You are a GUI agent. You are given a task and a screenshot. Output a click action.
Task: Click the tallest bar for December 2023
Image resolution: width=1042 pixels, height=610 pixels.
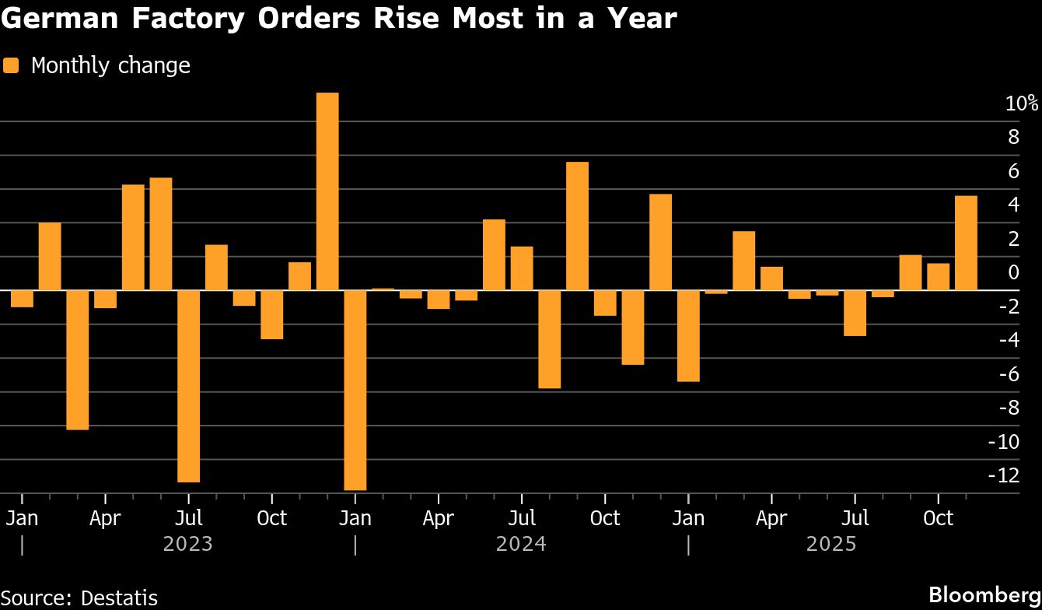(x=327, y=191)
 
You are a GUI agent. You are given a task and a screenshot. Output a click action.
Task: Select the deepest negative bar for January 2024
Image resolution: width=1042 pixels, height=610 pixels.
(x=355, y=389)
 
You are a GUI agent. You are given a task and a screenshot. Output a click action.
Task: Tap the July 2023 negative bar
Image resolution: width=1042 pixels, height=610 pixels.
(x=189, y=385)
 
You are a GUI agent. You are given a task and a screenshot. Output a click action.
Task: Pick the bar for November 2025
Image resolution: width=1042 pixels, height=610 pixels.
(x=966, y=243)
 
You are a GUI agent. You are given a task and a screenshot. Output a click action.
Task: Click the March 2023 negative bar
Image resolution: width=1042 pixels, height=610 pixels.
(x=78, y=359)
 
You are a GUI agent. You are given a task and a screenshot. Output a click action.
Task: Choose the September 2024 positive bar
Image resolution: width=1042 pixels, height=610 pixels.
(x=577, y=226)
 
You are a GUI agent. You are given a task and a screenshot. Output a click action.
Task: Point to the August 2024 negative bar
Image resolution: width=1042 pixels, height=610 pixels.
(x=549, y=338)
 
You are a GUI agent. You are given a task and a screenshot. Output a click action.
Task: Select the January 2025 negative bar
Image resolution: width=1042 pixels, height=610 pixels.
(x=688, y=335)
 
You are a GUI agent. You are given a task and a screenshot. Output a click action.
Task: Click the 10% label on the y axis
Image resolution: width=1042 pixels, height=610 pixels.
(x=1021, y=103)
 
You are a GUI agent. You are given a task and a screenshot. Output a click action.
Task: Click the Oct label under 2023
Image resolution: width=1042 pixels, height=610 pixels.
(x=271, y=517)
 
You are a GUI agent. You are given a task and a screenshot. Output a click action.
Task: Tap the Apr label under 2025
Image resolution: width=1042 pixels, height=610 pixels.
(x=771, y=517)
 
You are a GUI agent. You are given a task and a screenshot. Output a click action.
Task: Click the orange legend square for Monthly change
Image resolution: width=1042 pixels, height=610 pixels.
(x=11, y=65)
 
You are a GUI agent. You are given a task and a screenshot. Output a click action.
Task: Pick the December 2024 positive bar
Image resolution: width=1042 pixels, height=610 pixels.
(x=660, y=241)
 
